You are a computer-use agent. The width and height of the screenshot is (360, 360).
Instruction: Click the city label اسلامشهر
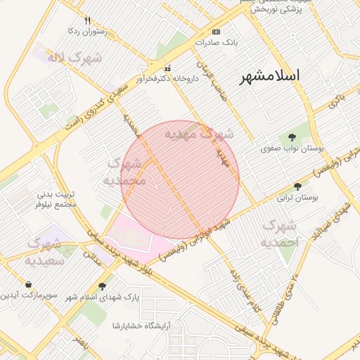tap(269, 75)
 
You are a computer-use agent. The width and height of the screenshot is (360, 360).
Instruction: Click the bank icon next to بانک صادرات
tap(216, 32)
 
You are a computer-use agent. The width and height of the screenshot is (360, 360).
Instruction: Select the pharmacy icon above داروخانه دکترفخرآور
tap(167, 68)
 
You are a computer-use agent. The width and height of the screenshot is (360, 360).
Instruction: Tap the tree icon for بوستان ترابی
tap(298, 186)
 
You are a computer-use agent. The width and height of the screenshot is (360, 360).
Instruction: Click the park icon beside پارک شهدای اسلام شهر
tap(103, 286)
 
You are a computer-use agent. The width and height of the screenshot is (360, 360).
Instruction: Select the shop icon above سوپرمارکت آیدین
tap(27, 284)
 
